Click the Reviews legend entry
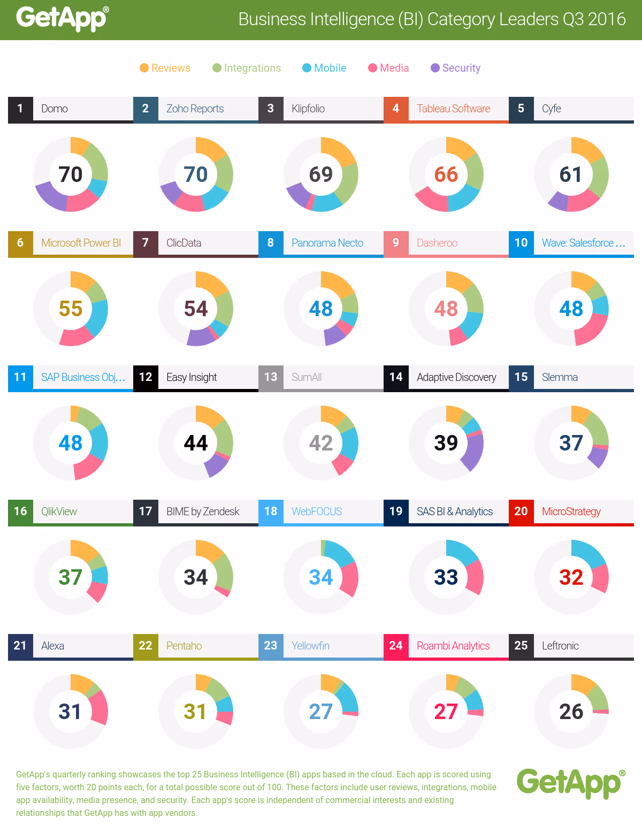(165, 68)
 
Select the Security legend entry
(455, 68)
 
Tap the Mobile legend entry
(324, 68)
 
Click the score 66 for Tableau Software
(446, 174)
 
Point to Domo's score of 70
(71, 174)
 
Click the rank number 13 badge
(271, 377)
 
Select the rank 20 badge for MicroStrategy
(521, 511)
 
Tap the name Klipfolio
(308, 109)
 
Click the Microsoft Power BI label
(81, 243)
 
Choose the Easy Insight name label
(192, 377)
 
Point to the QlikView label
(59, 511)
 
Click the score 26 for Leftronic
(571, 712)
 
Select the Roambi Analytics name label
(453, 646)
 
